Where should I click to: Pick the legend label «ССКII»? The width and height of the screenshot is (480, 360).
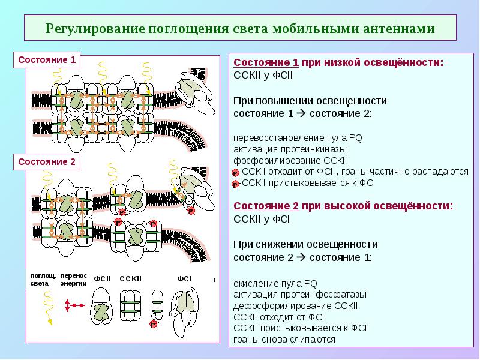tap(130, 278)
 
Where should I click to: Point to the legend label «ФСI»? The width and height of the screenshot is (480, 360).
tap(184, 278)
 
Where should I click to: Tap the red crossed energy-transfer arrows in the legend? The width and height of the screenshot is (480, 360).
tap(73, 306)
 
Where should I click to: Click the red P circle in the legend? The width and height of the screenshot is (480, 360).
tap(154, 324)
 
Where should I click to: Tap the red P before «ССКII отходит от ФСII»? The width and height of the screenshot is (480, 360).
tap(235, 172)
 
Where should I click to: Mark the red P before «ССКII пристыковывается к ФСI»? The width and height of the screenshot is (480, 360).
tap(235, 183)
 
